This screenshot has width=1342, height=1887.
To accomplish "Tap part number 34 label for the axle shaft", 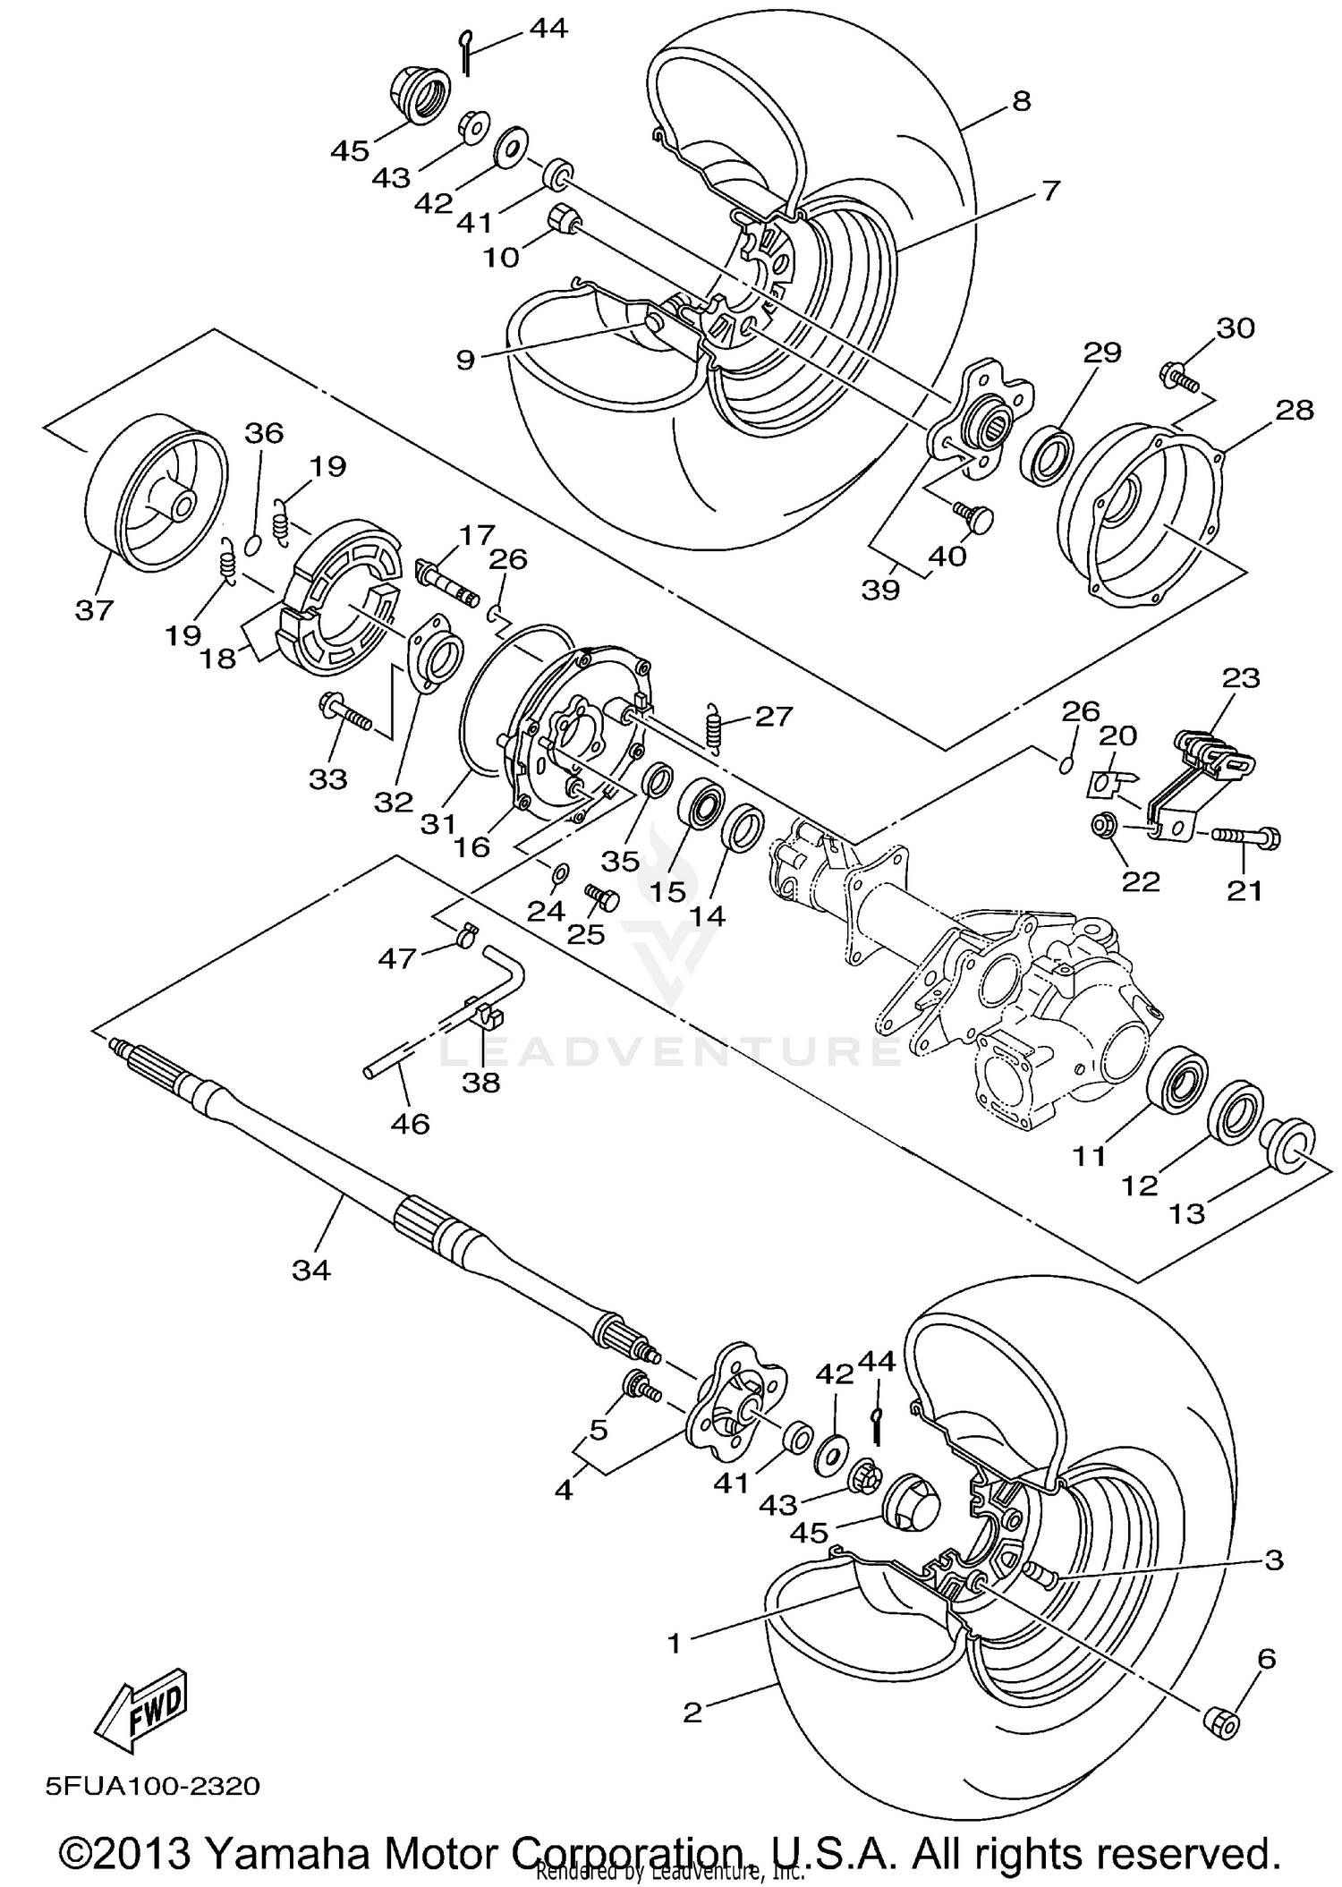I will point(310,1269).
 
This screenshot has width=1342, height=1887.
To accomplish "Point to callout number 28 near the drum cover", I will point(1295,411).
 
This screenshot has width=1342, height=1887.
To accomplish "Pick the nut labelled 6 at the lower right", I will point(1223,1721).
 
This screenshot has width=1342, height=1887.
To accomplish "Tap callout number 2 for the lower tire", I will point(692,1713).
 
